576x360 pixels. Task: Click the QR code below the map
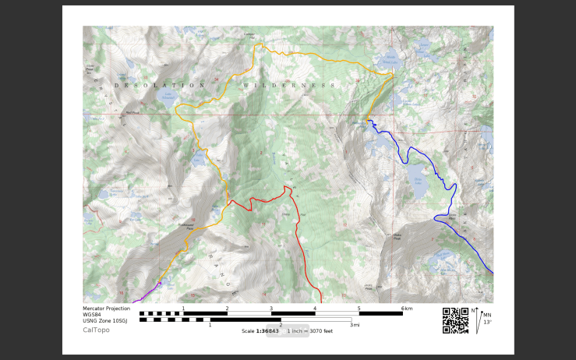pyautogui.click(x=455, y=320)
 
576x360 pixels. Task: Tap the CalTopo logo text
pyautogui.click(x=96, y=330)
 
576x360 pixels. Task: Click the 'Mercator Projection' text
pyautogui.click(x=106, y=309)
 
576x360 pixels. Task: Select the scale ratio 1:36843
pyautogui.click(x=267, y=331)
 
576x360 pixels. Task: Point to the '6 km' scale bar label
pyautogui.click(x=407, y=309)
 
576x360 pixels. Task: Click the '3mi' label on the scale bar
pyautogui.click(x=355, y=325)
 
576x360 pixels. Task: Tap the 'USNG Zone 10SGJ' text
pyautogui.click(x=105, y=320)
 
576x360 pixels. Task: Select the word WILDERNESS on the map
pyautogui.click(x=288, y=85)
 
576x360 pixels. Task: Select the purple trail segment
pyautogui.click(x=145, y=294)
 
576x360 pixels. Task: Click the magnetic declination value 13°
pyautogui.click(x=487, y=322)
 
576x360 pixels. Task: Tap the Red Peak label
pyautogui.click(x=132, y=111)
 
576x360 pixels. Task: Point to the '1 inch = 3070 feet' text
pyautogui.click(x=310, y=331)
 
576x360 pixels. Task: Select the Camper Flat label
pyautogui.click(x=249, y=35)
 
